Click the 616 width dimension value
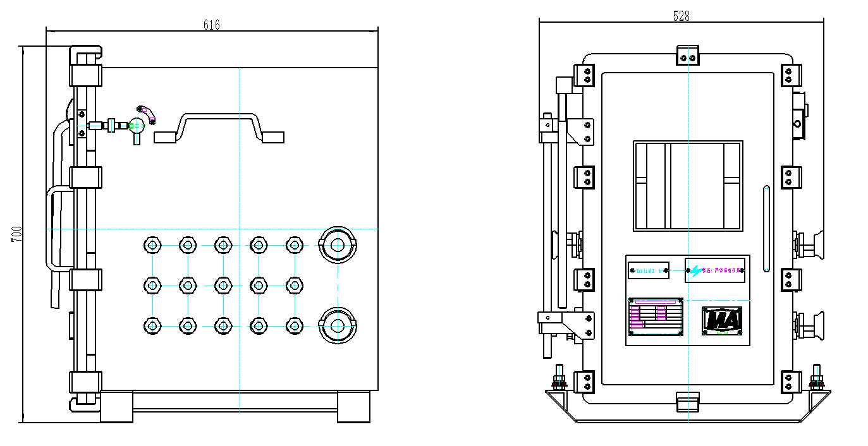click(x=211, y=25)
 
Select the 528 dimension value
click(x=681, y=16)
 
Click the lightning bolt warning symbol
click(x=695, y=271)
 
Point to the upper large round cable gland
click(x=338, y=245)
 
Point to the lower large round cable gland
click(x=338, y=325)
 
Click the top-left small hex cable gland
click(x=152, y=245)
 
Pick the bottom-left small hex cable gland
click(x=152, y=325)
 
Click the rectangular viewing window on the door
click(x=688, y=186)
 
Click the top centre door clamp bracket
click(x=687, y=56)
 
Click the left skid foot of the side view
click(x=116, y=406)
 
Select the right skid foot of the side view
click(x=353, y=406)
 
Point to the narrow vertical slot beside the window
click(x=767, y=228)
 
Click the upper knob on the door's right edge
click(x=813, y=244)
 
